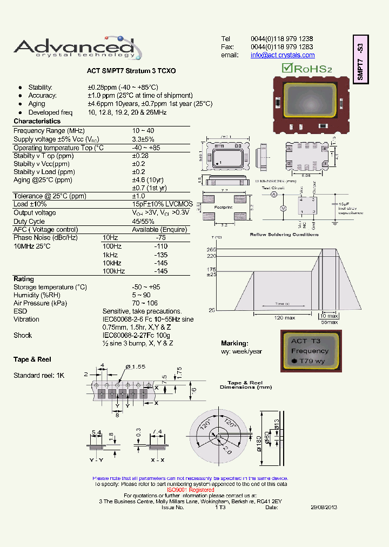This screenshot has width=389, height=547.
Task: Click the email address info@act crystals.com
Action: (x=283, y=55)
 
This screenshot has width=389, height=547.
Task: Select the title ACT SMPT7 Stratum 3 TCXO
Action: (x=131, y=71)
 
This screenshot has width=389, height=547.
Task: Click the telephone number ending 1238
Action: (x=281, y=39)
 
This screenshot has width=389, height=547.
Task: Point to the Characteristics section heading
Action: (x=37, y=122)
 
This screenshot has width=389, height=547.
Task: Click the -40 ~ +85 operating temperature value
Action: (x=146, y=148)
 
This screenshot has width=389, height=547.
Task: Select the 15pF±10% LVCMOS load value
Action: (x=162, y=204)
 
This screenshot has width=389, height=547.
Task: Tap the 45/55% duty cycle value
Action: (x=143, y=221)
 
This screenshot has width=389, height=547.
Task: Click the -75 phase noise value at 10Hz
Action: (x=160, y=238)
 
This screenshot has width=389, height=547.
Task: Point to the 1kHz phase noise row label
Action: (x=110, y=255)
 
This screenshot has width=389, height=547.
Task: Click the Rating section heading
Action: (x=24, y=279)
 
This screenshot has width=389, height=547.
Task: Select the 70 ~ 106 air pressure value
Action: (x=145, y=303)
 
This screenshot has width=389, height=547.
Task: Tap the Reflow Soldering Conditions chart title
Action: (x=284, y=235)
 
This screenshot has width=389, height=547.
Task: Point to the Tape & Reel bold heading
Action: (x=32, y=359)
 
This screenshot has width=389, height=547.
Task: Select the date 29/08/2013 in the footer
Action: (x=324, y=508)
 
